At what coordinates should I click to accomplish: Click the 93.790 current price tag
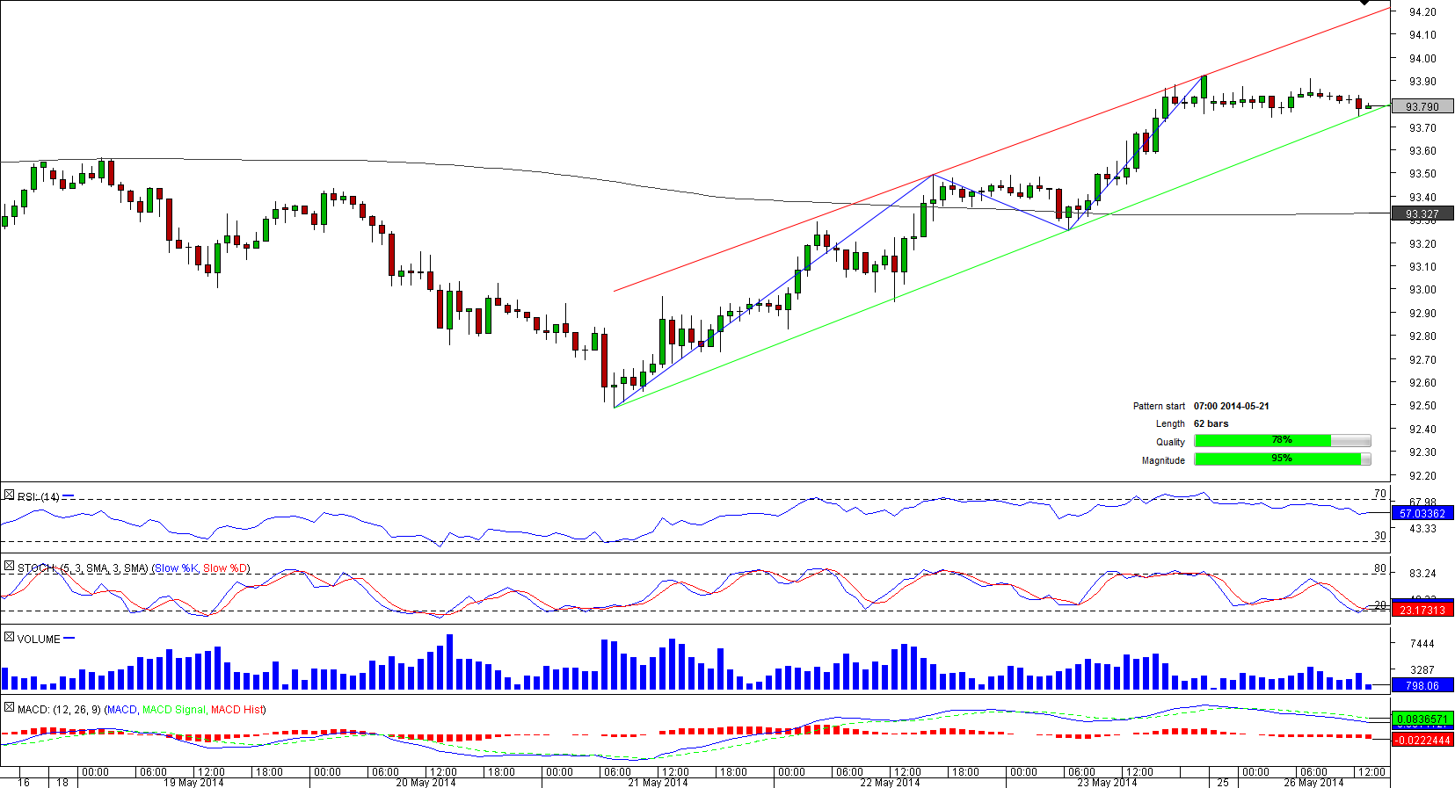point(1422,106)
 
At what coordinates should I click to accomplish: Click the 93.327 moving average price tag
point(1422,213)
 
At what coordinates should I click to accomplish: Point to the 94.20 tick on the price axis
point(1422,12)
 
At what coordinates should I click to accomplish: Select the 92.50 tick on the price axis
point(1422,406)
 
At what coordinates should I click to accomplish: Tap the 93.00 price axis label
point(1422,290)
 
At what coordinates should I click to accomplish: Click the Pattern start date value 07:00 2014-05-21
point(1231,406)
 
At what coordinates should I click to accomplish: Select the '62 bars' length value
point(1211,423)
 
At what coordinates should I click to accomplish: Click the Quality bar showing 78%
point(1282,441)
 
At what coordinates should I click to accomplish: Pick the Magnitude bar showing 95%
point(1282,459)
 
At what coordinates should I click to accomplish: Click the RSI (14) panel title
point(39,497)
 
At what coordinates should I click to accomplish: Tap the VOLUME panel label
point(39,639)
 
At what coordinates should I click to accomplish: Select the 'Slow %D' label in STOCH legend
point(225,568)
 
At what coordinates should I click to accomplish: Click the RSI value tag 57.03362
point(1422,514)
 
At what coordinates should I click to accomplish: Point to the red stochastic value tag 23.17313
point(1422,610)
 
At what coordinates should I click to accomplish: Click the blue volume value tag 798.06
point(1422,685)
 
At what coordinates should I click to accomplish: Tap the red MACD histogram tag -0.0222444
point(1422,740)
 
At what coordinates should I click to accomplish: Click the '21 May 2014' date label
point(658,783)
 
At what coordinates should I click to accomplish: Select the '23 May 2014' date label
point(1107,783)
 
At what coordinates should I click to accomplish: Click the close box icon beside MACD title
point(9,708)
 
